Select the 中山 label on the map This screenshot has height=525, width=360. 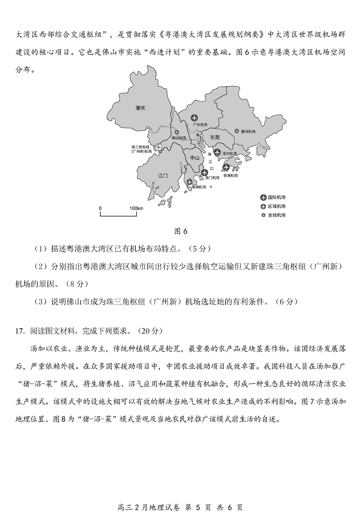click(195, 158)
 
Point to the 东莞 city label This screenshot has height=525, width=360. click(215, 137)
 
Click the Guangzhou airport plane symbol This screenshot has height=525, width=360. click(195, 118)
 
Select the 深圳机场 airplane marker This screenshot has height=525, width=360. click(217, 152)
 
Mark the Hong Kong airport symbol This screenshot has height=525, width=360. click(226, 168)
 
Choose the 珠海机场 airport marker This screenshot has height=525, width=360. click(190, 182)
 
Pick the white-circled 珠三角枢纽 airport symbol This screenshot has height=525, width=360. click(157, 147)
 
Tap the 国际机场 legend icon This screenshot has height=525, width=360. click(263, 198)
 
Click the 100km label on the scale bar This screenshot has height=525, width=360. click(136, 208)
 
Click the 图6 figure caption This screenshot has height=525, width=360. click(180, 231)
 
